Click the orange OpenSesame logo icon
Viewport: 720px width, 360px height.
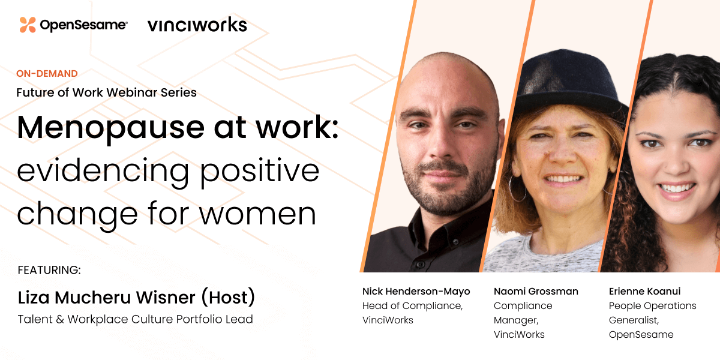(28, 25)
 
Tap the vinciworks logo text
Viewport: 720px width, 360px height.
(197, 25)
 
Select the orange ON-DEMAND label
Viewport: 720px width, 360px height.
(47, 74)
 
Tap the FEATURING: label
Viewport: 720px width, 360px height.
(49, 270)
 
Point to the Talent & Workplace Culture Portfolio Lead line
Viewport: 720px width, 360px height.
(135, 319)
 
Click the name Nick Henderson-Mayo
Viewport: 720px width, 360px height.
(416, 292)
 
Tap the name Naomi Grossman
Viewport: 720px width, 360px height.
(536, 292)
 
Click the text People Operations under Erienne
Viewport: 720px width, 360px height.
(652, 306)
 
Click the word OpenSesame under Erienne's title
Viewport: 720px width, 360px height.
(641, 335)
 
